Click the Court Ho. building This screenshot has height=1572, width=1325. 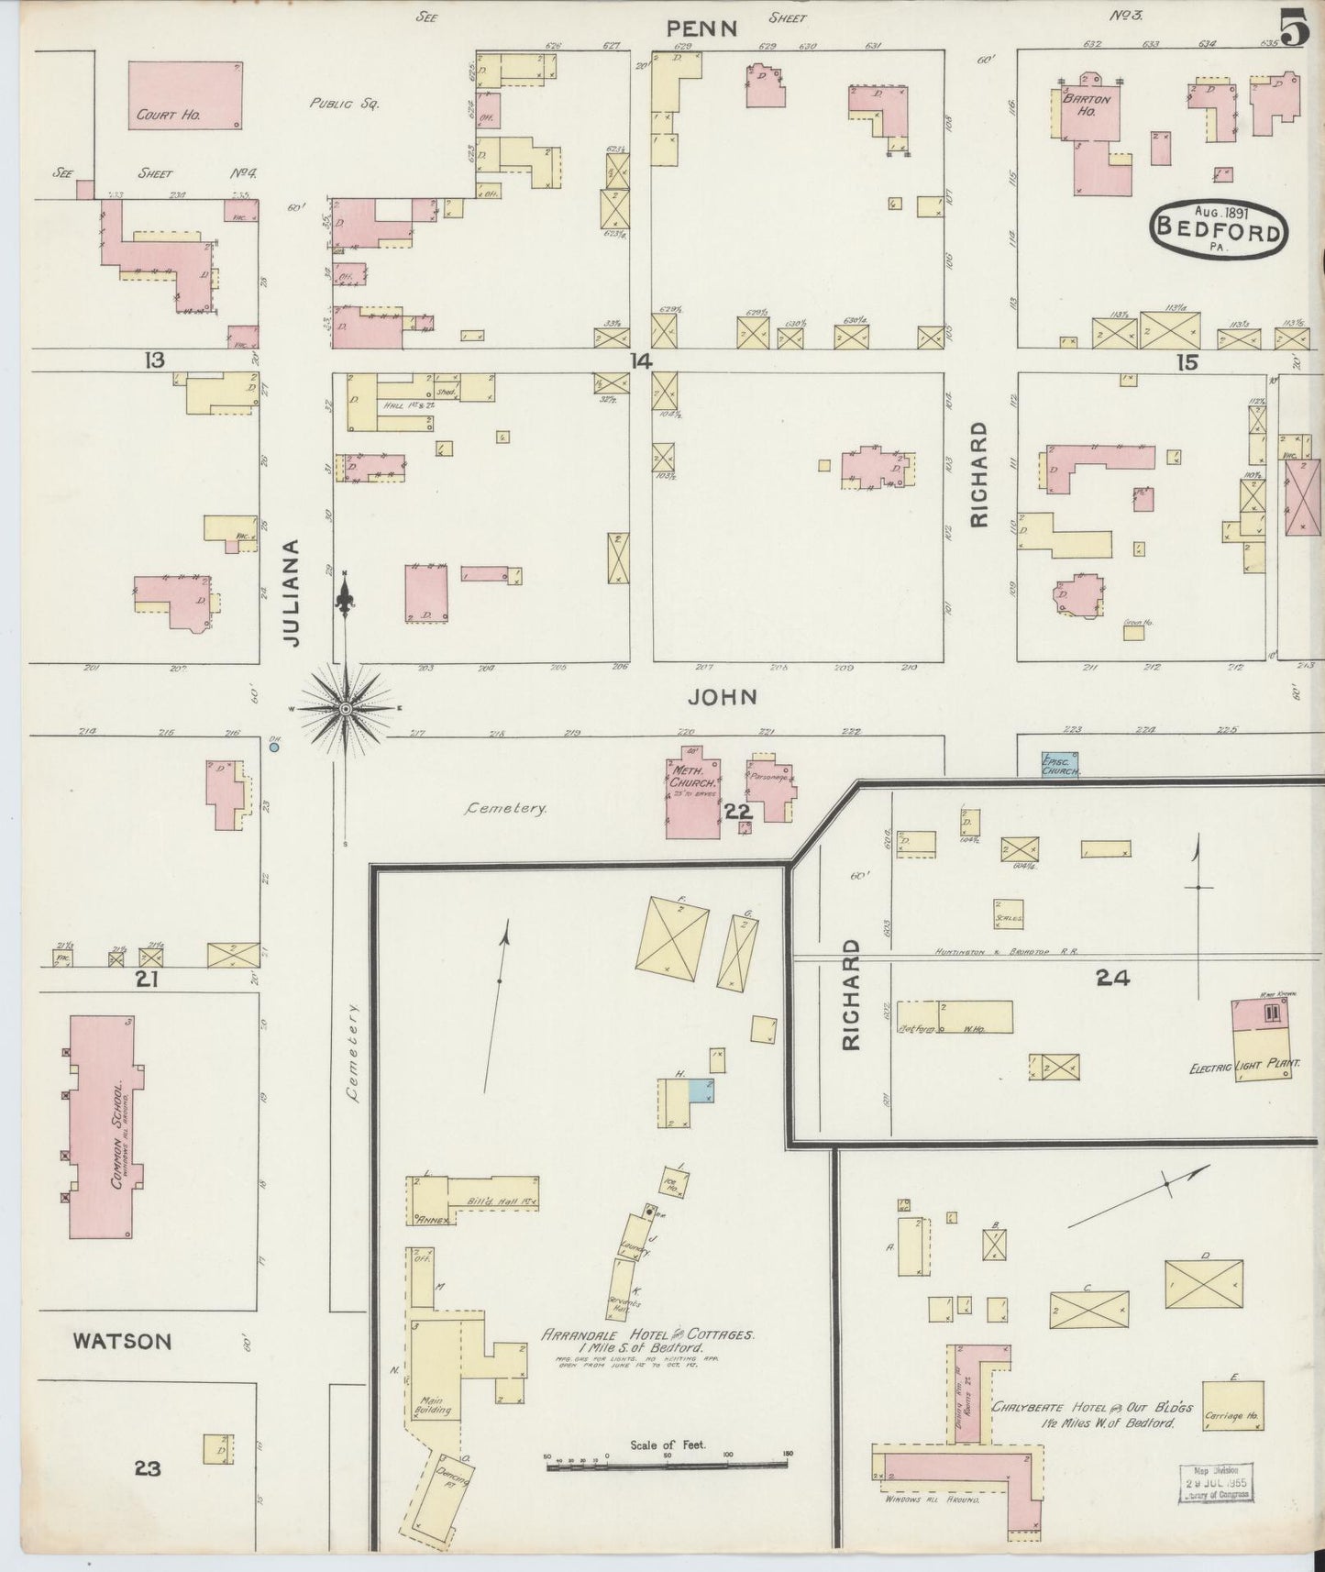pyautogui.click(x=186, y=94)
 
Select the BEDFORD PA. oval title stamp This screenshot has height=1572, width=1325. pyautogui.click(x=1219, y=227)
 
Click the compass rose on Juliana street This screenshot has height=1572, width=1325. pyautogui.click(x=346, y=709)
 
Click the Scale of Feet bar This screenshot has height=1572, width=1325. pyautogui.click(x=667, y=1466)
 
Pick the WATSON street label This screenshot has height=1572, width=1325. pyautogui.click(x=122, y=1341)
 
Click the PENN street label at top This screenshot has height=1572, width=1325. pyautogui.click(x=701, y=28)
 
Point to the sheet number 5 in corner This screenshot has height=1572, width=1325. pyautogui.click(x=1294, y=29)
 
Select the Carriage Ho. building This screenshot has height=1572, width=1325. pyautogui.click(x=1232, y=1406)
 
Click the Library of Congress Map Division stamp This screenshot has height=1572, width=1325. pyautogui.click(x=1215, y=1483)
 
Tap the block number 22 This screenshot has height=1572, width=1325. pyautogui.click(x=738, y=811)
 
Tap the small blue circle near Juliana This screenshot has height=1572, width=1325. pyautogui.click(x=274, y=747)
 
